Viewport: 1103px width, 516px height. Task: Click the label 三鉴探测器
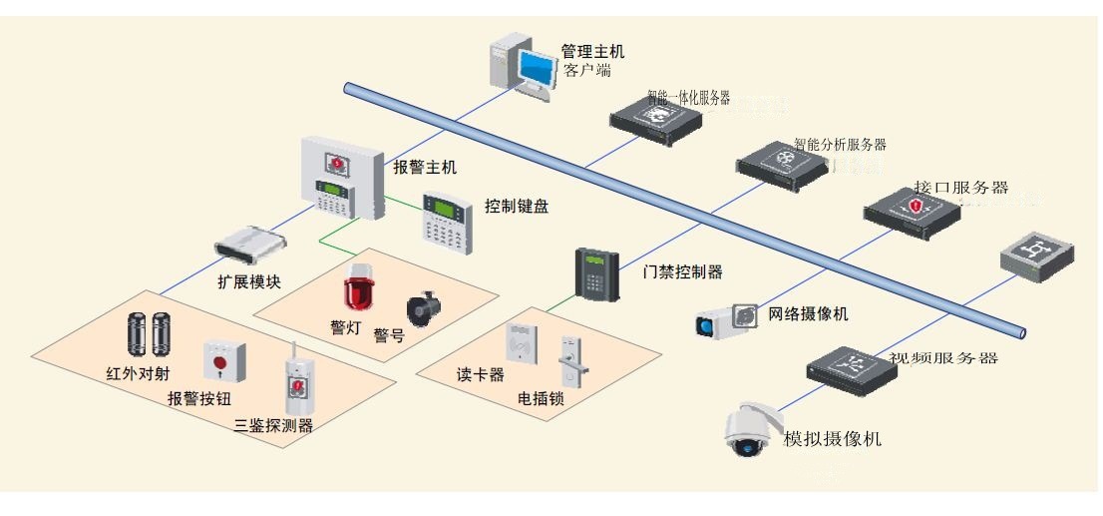[x=273, y=426]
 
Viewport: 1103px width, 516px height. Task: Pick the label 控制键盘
[x=517, y=207]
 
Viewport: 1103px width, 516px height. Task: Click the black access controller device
[x=596, y=273]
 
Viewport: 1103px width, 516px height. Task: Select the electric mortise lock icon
[x=568, y=360]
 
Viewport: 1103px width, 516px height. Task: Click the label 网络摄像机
[x=808, y=314]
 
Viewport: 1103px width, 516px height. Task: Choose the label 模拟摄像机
[x=833, y=439]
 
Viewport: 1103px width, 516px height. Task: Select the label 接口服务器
[x=960, y=188]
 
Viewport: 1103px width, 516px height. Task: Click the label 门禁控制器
[x=684, y=271]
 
